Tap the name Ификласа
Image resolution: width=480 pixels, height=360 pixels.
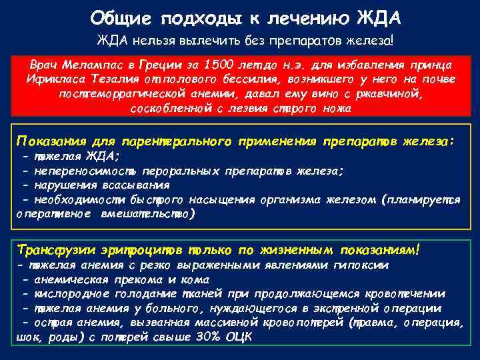54,80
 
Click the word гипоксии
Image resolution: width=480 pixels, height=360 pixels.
362,265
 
